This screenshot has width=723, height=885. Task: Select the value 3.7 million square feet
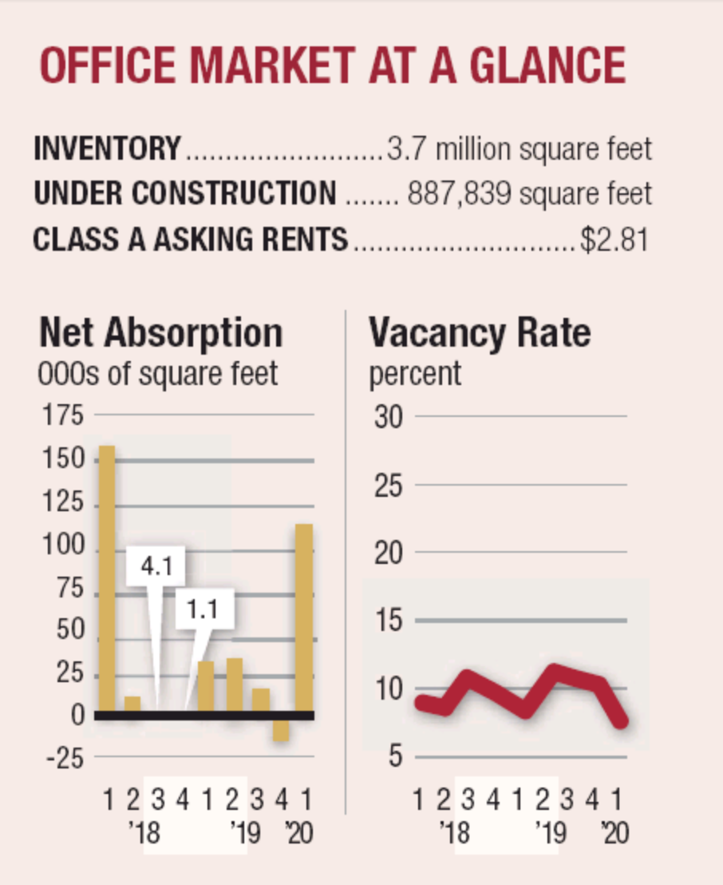519,149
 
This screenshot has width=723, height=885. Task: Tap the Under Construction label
184,193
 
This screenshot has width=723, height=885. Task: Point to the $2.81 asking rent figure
613,240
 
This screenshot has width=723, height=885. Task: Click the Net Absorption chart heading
160,332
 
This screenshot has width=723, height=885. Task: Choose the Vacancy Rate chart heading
479,332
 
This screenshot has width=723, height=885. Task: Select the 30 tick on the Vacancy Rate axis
389,417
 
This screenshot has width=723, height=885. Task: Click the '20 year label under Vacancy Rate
614,834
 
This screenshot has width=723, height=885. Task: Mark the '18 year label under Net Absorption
144,834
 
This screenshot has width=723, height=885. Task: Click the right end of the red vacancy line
622,721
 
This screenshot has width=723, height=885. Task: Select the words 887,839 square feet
529,193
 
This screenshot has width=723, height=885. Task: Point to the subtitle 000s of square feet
158,373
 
